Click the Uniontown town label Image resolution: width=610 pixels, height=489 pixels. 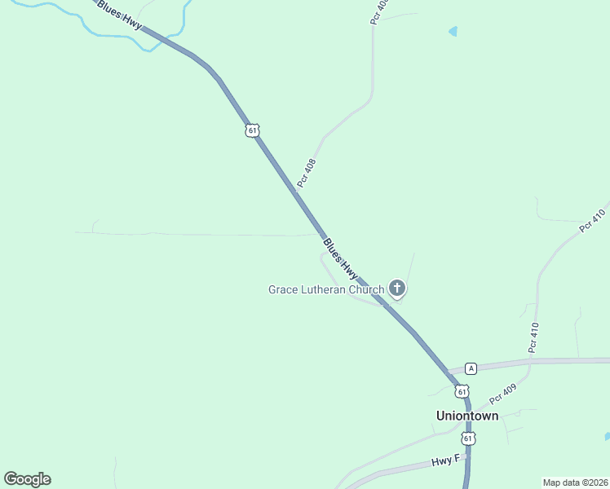pos(466,416)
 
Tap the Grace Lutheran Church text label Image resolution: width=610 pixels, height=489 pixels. pos(325,289)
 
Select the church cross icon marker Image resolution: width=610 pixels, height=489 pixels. pos(396,288)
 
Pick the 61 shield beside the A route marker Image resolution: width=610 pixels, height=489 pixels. pos(462,391)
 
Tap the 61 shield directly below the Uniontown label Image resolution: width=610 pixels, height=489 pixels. pos(467,438)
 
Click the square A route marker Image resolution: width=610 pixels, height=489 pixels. pos(471,368)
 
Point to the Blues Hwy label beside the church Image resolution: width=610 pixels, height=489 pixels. pos(340,258)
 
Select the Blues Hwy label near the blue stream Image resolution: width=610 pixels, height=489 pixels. pos(119,15)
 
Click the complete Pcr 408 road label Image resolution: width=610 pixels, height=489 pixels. pos(307,173)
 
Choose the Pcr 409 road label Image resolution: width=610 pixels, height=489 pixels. pos(503,396)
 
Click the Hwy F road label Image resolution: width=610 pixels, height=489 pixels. pos(446,462)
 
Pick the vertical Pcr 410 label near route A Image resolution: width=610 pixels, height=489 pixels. pos(534,337)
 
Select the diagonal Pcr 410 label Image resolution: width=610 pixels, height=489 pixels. pos(593,221)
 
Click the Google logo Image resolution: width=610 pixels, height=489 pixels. pos(28,479)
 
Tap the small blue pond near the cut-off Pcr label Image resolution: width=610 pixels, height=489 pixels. pos(453,32)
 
